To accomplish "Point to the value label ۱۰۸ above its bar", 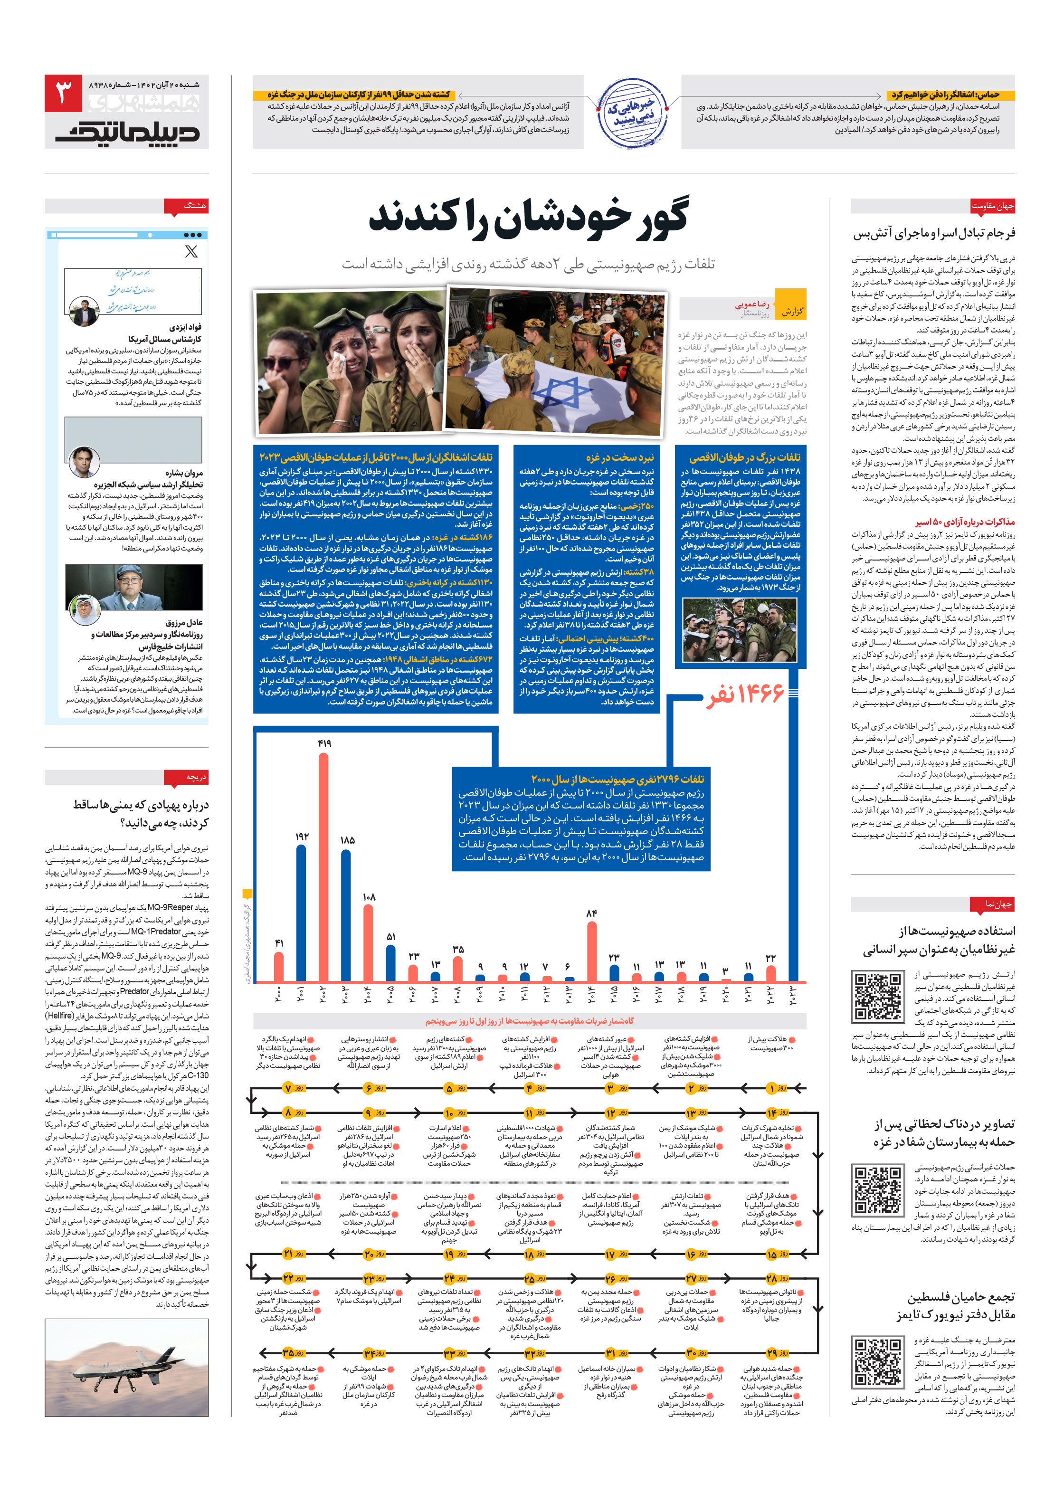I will [x=369, y=897].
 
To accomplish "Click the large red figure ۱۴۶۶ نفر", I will [x=745, y=694].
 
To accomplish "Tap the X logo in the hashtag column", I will [x=191, y=252].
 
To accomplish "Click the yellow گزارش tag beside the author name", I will [x=791, y=312].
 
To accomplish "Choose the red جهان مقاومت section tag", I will [x=993, y=206].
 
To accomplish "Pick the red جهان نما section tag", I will [x=999, y=904].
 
